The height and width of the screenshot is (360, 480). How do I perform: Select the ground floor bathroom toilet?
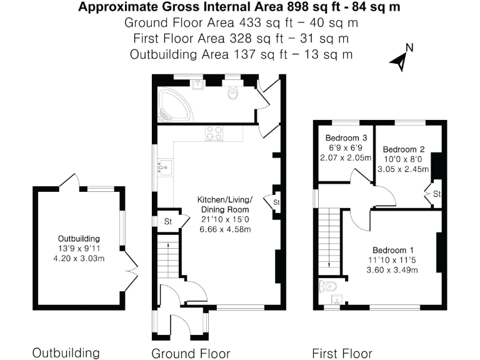pyautogui.click(x=233, y=91)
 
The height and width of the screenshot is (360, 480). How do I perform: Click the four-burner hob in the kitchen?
pyautogui.click(x=214, y=134)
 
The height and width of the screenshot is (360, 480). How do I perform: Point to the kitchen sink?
pyautogui.click(x=165, y=167)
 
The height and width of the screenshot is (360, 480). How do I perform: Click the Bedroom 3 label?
pyautogui.click(x=346, y=137)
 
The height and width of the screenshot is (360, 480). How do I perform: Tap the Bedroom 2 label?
pyautogui.click(x=404, y=149)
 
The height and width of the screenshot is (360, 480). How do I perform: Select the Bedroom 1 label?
pyautogui.click(x=393, y=250)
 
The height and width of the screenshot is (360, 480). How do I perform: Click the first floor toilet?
pyautogui.click(x=327, y=286)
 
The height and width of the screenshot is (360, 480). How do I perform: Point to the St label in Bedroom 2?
pyautogui.click(x=437, y=194)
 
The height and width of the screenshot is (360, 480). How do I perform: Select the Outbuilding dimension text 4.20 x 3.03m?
pyautogui.click(x=79, y=259)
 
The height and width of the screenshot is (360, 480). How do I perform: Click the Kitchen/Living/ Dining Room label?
pyautogui.click(x=225, y=204)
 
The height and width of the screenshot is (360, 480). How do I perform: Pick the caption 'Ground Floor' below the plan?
pyautogui.click(x=191, y=354)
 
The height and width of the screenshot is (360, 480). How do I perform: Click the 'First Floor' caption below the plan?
pyautogui.click(x=342, y=354)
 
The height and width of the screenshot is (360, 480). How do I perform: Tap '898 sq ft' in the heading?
pyautogui.click(x=314, y=7)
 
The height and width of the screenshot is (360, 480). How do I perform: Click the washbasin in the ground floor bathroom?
pyautogui.click(x=198, y=84)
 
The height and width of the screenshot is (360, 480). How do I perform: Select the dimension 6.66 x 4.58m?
pyautogui.click(x=225, y=229)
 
